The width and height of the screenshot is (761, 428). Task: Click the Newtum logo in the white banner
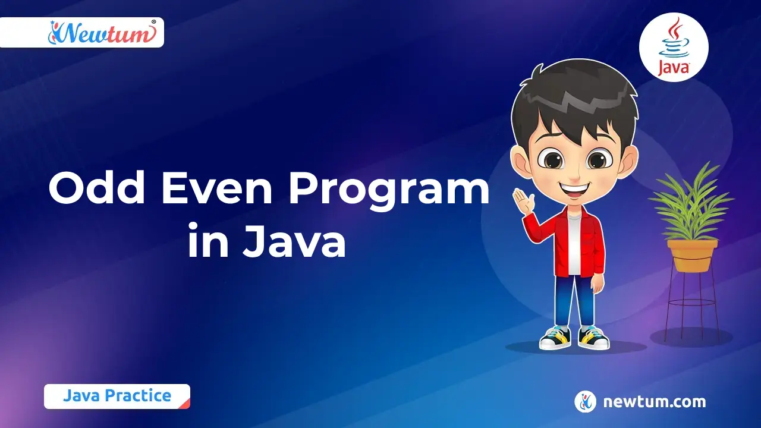pyautogui.click(x=102, y=33)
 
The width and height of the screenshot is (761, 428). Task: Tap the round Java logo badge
pyautogui.click(x=674, y=47)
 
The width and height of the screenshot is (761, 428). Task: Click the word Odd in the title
pyautogui.click(x=97, y=189)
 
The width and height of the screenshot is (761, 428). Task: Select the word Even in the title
pyautogui.click(x=217, y=189)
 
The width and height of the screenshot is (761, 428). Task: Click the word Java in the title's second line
pyautogui.click(x=294, y=240)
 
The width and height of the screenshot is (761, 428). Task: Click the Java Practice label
pyautogui.click(x=117, y=396)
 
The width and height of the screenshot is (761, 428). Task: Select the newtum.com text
pyautogui.click(x=655, y=401)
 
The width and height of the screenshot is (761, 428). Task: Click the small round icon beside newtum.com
pyautogui.click(x=585, y=401)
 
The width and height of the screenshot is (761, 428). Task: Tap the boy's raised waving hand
pyautogui.click(x=523, y=201)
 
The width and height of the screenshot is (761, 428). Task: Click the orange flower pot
pyautogui.click(x=692, y=256)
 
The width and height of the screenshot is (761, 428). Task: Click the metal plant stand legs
pyautogui.click(x=692, y=306)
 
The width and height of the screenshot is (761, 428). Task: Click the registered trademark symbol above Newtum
pyautogui.click(x=153, y=22)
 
